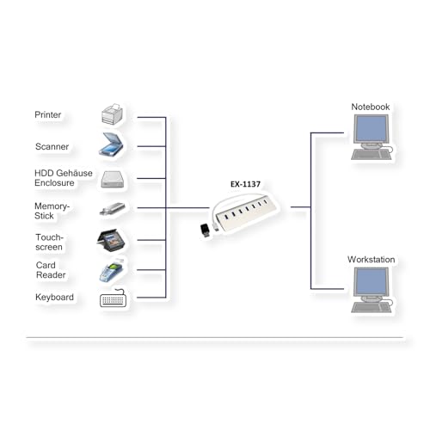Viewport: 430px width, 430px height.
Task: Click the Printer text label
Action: click(x=47, y=115)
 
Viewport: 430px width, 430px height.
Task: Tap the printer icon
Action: click(x=112, y=114)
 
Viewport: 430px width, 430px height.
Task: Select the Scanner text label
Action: click(x=52, y=146)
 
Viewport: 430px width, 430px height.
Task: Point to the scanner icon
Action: click(x=111, y=144)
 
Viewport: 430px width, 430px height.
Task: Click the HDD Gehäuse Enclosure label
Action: click(x=64, y=178)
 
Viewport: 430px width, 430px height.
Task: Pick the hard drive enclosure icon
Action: click(x=113, y=180)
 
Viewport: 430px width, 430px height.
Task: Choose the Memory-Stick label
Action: click(x=52, y=211)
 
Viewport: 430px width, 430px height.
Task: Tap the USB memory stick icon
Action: click(x=112, y=209)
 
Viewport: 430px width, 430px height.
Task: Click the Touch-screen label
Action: click(x=49, y=243)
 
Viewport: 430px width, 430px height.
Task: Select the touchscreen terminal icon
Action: click(x=110, y=240)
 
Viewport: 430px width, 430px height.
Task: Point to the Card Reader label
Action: click(x=51, y=270)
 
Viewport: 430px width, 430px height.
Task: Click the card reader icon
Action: click(x=111, y=272)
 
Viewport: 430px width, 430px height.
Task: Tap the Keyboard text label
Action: click(x=54, y=298)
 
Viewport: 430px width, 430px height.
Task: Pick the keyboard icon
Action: click(x=113, y=298)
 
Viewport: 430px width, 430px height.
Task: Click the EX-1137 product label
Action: click(x=245, y=184)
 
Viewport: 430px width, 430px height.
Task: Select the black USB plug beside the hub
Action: click(x=206, y=230)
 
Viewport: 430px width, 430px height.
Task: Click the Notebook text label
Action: click(x=371, y=107)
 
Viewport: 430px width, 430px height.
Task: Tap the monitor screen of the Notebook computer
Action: click(x=372, y=129)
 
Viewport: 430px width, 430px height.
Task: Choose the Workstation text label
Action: click(x=371, y=260)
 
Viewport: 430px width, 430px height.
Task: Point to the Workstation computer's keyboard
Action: click(x=372, y=307)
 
